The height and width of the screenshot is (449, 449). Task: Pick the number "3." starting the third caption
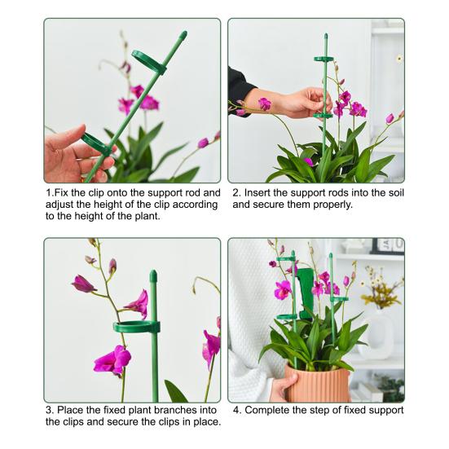click(x=50, y=410)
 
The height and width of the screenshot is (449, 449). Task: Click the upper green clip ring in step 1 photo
click(x=149, y=62)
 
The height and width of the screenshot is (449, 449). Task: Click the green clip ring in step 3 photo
click(x=137, y=327)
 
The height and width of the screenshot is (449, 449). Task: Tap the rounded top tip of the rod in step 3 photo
click(x=152, y=276)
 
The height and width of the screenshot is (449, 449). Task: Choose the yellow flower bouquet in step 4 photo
click(x=381, y=292)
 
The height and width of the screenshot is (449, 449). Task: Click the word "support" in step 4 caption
click(x=383, y=410)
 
